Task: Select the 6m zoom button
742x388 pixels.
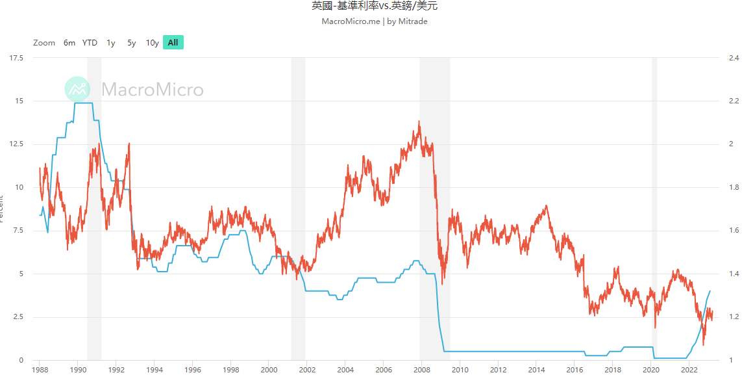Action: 69,43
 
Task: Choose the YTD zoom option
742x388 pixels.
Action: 90,43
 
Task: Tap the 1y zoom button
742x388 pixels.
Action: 111,43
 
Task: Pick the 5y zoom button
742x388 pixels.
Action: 132,43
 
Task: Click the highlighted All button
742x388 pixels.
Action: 173,43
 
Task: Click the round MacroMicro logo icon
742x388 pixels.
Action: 77,89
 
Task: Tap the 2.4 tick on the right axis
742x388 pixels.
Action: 734,58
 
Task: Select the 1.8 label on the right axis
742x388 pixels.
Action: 734,187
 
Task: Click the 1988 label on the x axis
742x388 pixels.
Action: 40,370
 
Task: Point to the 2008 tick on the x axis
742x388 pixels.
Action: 421,370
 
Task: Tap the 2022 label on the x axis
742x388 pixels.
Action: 689,370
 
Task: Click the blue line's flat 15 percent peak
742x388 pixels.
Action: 84,103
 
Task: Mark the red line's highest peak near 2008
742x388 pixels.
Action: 419,122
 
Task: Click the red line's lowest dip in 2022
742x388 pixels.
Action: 704,344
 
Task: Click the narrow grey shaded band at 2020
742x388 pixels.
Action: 654,195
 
